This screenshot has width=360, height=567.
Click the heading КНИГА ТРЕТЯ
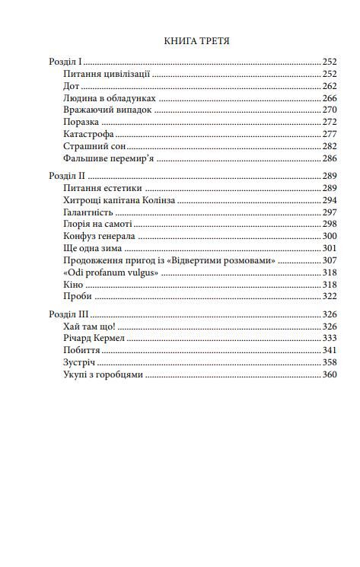(x=196, y=40)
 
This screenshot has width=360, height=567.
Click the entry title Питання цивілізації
(x=107, y=74)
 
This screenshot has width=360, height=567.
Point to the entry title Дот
(x=72, y=86)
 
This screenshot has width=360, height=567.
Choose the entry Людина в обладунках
(x=110, y=98)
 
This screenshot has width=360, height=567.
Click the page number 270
(x=329, y=110)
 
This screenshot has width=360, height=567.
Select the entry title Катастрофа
(x=91, y=134)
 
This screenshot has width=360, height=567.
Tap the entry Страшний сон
(x=94, y=146)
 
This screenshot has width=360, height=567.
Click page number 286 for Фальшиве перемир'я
(x=329, y=158)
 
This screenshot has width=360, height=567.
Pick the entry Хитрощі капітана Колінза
(x=119, y=199)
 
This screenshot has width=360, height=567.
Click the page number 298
(x=329, y=224)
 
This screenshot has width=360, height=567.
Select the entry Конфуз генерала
(x=100, y=236)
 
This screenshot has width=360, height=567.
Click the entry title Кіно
(x=75, y=284)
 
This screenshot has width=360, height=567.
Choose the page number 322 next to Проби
(x=329, y=296)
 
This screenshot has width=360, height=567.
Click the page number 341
(x=329, y=350)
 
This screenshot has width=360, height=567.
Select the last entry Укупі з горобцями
(x=104, y=374)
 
